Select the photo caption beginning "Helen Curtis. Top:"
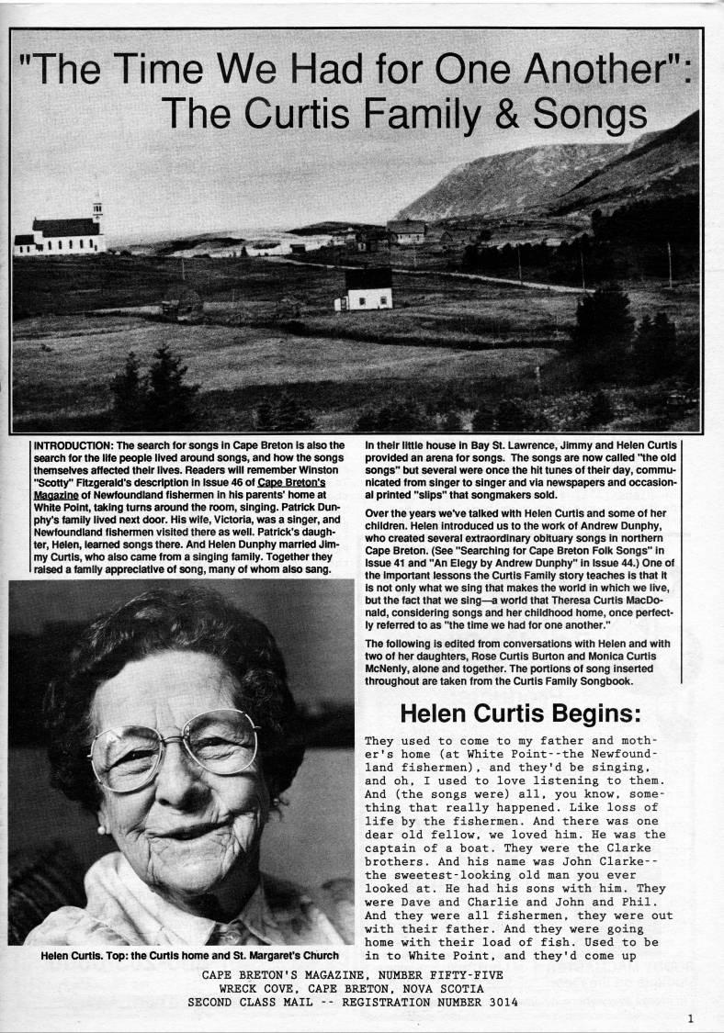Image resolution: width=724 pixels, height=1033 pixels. point(187,956)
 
